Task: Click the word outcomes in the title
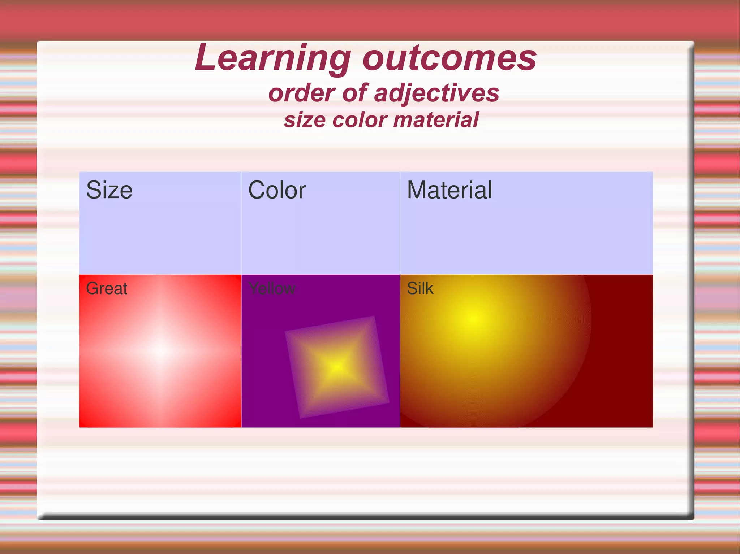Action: (449, 58)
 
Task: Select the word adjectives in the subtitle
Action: (436, 93)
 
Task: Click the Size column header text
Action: (109, 190)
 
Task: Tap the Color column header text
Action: (277, 190)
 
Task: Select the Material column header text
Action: (449, 190)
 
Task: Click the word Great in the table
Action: (107, 288)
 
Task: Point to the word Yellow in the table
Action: (272, 288)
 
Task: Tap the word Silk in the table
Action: (420, 288)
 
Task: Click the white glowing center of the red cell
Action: (161, 350)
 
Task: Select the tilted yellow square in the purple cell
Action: (337, 367)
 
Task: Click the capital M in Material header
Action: (416, 190)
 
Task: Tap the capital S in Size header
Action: (92, 190)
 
